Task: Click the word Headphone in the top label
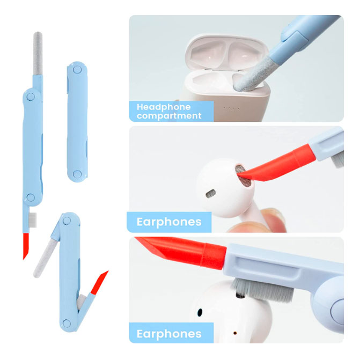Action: point(164,107)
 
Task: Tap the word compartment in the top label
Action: point(169,116)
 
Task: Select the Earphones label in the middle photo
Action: point(169,222)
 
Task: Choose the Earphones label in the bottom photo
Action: point(169,334)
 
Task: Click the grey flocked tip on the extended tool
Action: point(38,53)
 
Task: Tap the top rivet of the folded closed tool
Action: point(77,69)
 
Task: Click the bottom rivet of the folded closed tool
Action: point(77,174)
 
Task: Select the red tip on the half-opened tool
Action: point(99,283)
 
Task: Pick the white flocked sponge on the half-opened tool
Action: point(44,258)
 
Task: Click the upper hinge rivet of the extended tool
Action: point(31,97)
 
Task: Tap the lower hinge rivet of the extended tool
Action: point(31,197)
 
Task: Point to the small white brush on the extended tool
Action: point(33,220)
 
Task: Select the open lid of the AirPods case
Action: point(227,52)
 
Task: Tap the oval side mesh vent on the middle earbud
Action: point(211,194)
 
